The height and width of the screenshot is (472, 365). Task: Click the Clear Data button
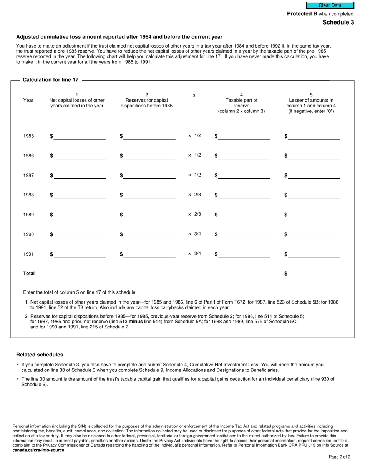[x=330, y=5]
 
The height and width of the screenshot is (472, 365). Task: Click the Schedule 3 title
[x=338, y=22]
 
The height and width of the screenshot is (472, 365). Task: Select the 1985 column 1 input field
[x=80, y=136]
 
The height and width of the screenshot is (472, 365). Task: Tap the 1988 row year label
[x=28, y=195]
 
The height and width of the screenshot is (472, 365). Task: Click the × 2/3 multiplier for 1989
[x=194, y=214]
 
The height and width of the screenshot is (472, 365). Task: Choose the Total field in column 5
[x=314, y=274]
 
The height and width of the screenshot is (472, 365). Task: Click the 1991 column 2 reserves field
[x=149, y=254]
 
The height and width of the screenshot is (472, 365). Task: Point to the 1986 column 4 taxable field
[x=244, y=156]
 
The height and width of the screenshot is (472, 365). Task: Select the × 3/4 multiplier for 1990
[x=194, y=234]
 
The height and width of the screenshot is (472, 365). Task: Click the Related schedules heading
[x=40, y=355]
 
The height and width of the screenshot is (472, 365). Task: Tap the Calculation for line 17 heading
[x=51, y=80]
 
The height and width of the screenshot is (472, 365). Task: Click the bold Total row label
[x=29, y=274]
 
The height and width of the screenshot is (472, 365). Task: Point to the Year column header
[x=28, y=100]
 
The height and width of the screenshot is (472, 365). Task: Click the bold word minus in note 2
[x=136, y=322]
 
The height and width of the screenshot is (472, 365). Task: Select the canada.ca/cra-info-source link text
[x=38, y=450]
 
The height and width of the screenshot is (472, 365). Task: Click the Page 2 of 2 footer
[x=339, y=457]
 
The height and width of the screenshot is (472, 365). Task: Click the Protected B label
[x=302, y=14]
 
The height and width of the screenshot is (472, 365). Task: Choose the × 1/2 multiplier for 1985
[x=194, y=136]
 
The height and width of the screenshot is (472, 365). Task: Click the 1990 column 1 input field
[x=80, y=234]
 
